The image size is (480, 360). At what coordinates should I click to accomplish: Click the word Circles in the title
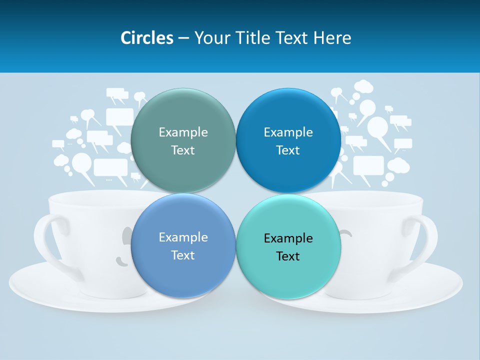tap(147, 38)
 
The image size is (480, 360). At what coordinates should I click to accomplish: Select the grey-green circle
tap(183, 120)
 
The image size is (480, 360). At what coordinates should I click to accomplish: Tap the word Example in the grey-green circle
tap(183, 132)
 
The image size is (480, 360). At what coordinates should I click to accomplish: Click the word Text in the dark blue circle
tap(288, 150)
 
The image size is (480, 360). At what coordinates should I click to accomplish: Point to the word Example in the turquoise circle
tap(288, 238)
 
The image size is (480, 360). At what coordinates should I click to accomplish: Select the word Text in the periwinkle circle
tap(183, 255)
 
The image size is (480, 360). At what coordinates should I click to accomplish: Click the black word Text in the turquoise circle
tap(288, 256)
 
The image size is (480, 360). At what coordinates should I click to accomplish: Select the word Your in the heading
tap(210, 38)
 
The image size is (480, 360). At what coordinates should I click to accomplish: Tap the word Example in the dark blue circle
tap(288, 132)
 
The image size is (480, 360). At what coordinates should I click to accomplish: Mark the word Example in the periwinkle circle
tap(183, 237)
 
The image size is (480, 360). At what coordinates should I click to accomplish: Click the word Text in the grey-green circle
tap(183, 150)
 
